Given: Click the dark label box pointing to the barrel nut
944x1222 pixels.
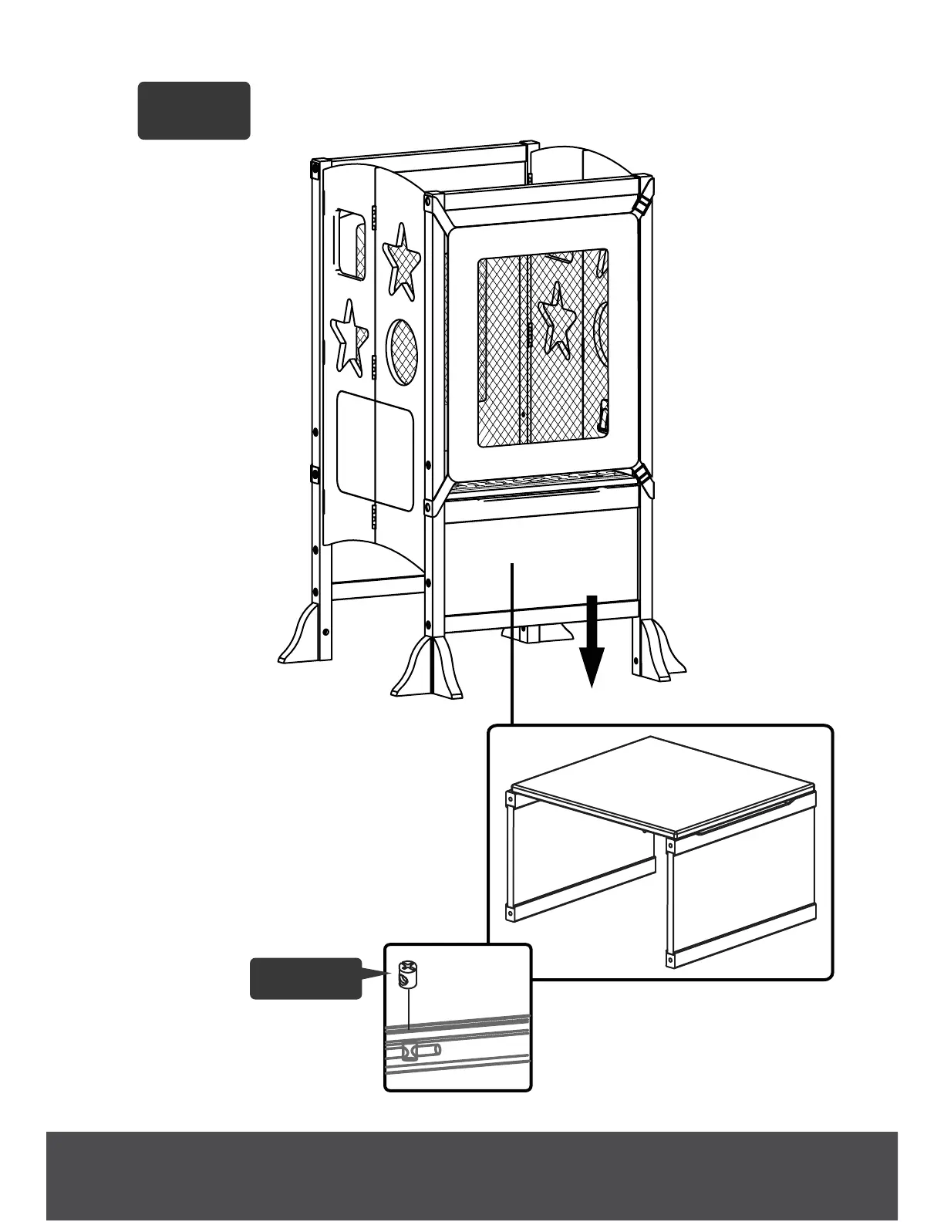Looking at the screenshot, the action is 305,978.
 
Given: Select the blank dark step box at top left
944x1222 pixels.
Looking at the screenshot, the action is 194,110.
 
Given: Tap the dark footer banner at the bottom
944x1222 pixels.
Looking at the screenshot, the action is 472,1176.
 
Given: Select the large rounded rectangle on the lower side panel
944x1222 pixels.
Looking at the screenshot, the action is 376,449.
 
